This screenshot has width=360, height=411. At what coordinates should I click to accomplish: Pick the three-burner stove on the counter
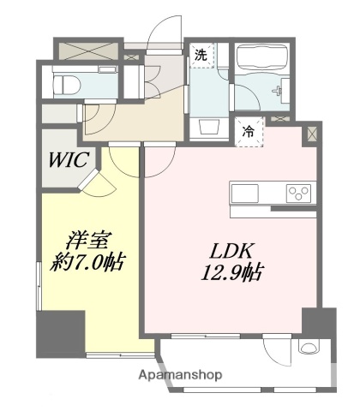(298, 191)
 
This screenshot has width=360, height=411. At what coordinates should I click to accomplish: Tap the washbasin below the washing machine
(208, 128)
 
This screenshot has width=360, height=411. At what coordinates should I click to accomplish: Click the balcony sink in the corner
(306, 351)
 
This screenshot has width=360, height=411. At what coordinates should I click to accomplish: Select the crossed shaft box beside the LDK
(310, 134)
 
